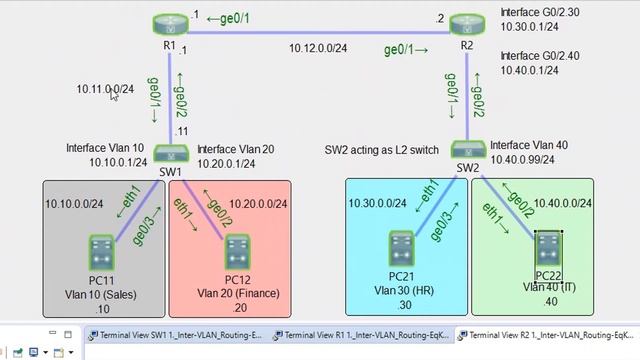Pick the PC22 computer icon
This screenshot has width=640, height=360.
[548, 247]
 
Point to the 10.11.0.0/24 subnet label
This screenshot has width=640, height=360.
[105, 89]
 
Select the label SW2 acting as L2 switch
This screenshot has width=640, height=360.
[382, 149]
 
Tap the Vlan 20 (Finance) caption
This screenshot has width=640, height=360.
[238, 293]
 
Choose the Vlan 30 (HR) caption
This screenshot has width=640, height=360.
[401, 291]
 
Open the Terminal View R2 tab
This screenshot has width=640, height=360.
[548, 335]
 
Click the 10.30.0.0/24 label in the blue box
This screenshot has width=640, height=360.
[378, 203]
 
